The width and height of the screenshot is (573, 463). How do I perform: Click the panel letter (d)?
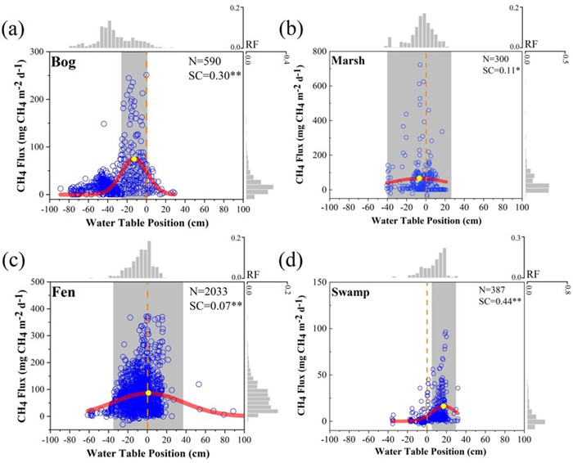point(291,262)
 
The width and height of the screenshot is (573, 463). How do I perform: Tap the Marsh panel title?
point(348,61)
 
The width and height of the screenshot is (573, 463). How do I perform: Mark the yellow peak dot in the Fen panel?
point(148,393)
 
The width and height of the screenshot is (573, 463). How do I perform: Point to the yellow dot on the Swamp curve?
point(444,406)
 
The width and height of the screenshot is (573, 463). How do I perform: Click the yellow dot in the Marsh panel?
point(418,178)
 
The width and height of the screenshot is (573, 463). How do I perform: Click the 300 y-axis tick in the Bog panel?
point(36,52)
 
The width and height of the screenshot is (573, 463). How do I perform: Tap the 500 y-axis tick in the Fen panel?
point(36,282)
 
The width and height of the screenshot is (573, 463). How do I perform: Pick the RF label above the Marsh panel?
point(531,44)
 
